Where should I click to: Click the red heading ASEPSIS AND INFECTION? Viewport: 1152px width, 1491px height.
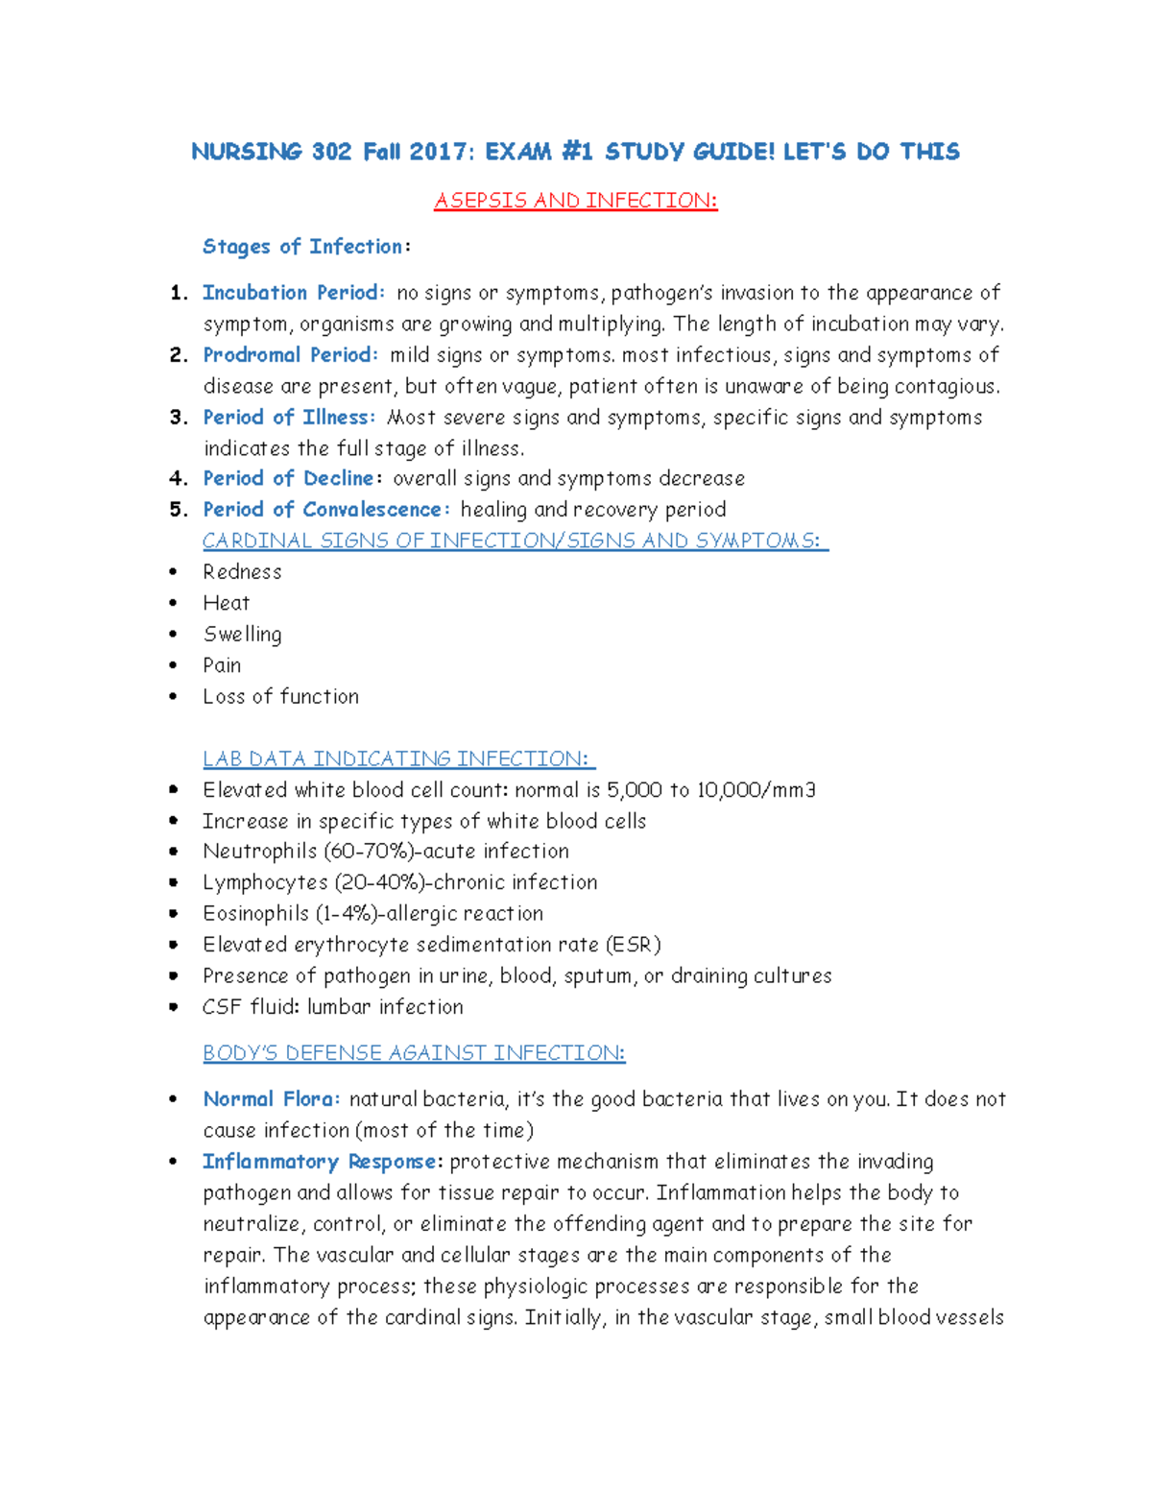point(575,201)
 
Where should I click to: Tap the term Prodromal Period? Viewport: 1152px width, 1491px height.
point(290,355)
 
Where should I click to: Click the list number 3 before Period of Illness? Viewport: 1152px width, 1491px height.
point(177,418)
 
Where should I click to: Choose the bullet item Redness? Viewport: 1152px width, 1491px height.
point(242,572)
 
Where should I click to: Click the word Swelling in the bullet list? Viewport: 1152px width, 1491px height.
point(242,635)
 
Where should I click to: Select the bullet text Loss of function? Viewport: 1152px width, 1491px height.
point(280,697)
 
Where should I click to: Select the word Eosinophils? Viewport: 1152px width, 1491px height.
point(255,914)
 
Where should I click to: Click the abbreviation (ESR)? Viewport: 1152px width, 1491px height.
point(634,945)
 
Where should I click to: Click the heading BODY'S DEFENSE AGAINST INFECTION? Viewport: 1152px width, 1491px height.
point(414,1053)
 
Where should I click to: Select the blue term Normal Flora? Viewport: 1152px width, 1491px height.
point(271,1099)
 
